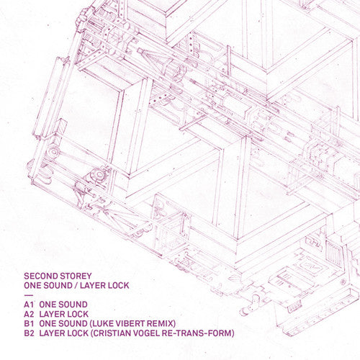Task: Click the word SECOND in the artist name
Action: click(41, 275)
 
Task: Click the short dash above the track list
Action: click(27, 295)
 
